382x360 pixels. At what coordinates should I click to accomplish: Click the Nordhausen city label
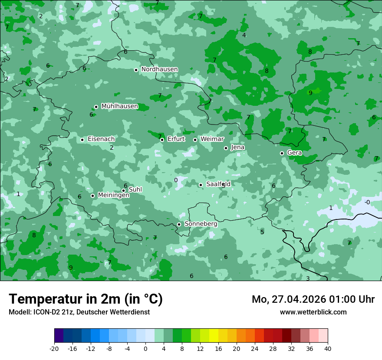[x=159, y=69]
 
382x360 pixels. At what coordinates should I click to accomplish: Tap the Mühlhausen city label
[x=119, y=106]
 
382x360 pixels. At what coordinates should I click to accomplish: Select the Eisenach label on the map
[x=101, y=139]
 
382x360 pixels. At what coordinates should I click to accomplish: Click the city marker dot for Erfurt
[x=162, y=140]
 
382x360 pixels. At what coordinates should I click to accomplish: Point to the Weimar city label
[x=212, y=139]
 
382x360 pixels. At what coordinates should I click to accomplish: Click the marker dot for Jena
[x=226, y=148]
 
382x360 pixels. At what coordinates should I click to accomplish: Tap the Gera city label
[x=294, y=153]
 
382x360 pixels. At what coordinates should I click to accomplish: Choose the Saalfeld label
[x=218, y=184]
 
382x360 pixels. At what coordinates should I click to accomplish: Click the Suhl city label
[x=135, y=190]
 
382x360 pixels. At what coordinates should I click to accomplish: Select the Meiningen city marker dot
[x=92, y=196]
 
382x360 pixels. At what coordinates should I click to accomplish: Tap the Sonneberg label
[x=201, y=224]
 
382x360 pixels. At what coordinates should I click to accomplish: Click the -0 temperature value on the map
[x=367, y=202]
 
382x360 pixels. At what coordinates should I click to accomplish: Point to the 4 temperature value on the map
[x=244, y=35]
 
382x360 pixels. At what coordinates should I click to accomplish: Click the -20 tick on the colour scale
[x=54, y=348]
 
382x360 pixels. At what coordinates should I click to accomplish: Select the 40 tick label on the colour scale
[x=327, y=348]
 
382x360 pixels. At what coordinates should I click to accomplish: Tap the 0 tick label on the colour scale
[x=145, y=348]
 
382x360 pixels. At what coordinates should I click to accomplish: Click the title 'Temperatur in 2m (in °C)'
[x=86, y=299]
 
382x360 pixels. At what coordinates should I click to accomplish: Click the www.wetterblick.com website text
[x=313, y=312]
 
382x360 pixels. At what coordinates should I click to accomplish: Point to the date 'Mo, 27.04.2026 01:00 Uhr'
[x=313, y=299]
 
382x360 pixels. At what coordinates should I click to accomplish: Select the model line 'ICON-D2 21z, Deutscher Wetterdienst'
[x=79, y=312]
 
